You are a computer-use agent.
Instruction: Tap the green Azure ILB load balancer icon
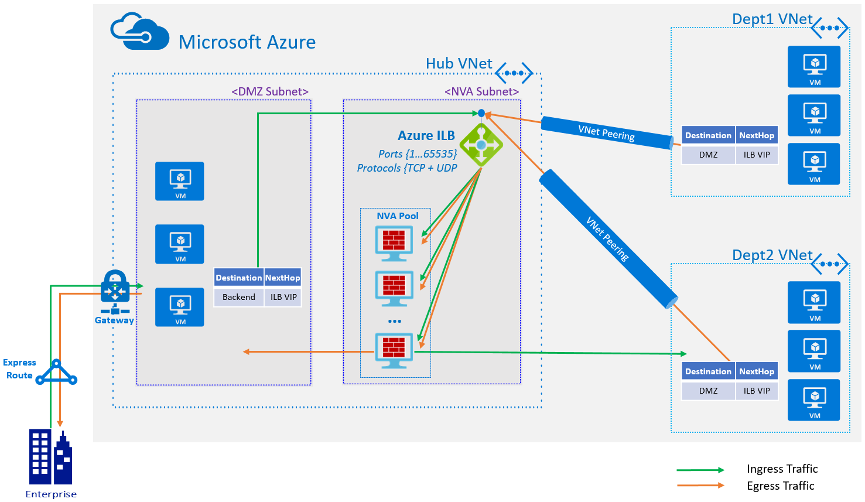(x=481, y=145)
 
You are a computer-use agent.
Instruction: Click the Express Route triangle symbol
(x=56, y=373)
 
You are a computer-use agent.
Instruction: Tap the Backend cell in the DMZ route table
(x=238, y=297)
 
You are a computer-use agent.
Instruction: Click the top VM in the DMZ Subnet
(x=180, y=181)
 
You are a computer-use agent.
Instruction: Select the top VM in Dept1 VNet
(x=814, y=67)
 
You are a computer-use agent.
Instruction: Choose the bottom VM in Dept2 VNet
(x=814, y=400)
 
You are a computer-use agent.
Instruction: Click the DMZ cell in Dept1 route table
(x=708, y=155)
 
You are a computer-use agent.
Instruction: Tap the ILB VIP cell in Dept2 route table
(x=757, y=391)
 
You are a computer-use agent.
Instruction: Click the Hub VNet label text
(x=459, y=64)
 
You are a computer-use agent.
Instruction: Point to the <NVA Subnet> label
(x=481, y=91)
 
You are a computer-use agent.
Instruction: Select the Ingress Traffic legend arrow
(x=700, y=470)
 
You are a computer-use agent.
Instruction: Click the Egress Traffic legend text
(x=780, y=486)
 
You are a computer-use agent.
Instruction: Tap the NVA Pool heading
(x=397, y=216)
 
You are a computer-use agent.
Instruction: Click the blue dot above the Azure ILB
(x=481, y=113)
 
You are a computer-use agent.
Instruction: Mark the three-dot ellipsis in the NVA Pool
(x=394, y=321)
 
